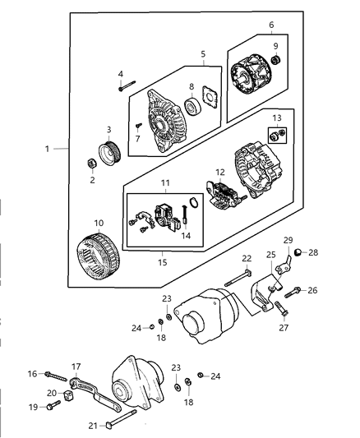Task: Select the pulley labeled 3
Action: tap(108, 154)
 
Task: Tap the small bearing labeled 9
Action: tap(276, 59)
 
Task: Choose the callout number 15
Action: tap(162, 262)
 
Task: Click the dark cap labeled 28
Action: tap(301, 252)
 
